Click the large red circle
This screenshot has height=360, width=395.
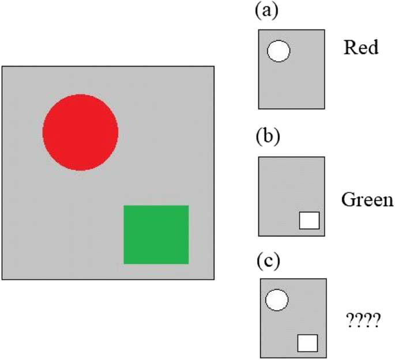[x=80, y=132]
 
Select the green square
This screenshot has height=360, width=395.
[x=156, y=234]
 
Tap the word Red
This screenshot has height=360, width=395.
[x=361, y=47]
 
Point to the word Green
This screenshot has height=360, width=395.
[x=367, y=200]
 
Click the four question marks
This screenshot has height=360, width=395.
[x=363, y=320]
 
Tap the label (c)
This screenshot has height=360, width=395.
[x=268, y=261]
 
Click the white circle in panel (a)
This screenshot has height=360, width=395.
[x=279, y=51]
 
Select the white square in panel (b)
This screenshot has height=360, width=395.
[x=309, y=220]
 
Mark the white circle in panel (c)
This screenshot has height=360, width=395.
[x=277, y=300]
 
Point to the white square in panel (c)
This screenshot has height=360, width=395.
[x=308, y=342]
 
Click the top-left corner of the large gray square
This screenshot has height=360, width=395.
[x=2, y=66]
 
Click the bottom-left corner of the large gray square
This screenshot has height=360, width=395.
[x=2, y=279]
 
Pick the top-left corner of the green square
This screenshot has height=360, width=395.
[x=124, y=206]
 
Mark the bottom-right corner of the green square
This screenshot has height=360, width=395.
[x=189, y=264]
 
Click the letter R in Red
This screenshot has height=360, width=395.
[x=349, y=47]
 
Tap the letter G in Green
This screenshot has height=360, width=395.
[x=347, y=200]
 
